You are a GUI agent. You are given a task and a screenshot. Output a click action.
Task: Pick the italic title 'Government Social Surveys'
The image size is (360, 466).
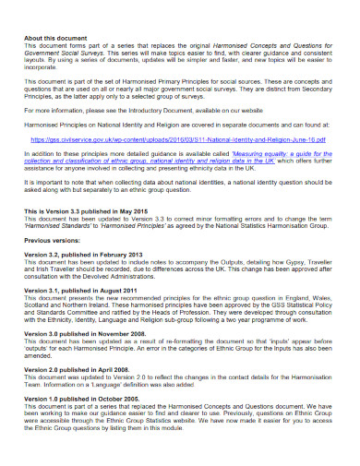click(59, 54)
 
